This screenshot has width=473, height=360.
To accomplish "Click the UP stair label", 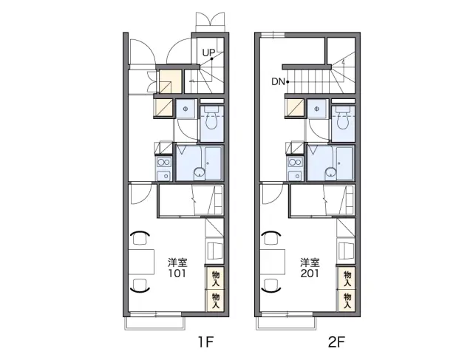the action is [208, 52].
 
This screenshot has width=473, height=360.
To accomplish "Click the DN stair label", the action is [278, 82].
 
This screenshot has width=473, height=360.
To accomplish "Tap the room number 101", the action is [177, 274].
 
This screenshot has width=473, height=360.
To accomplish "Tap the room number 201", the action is [310, 274].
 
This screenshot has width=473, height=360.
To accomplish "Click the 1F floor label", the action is [205, 342].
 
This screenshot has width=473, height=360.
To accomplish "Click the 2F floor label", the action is [336, 342].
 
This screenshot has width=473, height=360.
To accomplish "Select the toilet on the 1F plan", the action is [212, 118].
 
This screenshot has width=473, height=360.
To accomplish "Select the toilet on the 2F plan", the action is [343, 118].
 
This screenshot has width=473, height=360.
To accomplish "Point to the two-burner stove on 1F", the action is [164, 163].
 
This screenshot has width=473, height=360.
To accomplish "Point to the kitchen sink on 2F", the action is [296, 176].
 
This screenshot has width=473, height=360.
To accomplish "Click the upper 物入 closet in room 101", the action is [215, 279].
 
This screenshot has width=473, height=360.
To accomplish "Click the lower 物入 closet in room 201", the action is [347, 301].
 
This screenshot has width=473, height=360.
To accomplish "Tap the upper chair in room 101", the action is [140, 237].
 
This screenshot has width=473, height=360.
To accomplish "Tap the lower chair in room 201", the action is [271, 285].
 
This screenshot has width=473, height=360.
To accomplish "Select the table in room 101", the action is [141, 262].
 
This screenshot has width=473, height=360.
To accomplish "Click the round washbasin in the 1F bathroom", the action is [199, 172].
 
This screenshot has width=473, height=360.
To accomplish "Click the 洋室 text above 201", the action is [310, 262].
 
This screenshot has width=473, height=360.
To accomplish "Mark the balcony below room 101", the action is [155, 323].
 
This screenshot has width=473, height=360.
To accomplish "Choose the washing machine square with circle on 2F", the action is [317, 109].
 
